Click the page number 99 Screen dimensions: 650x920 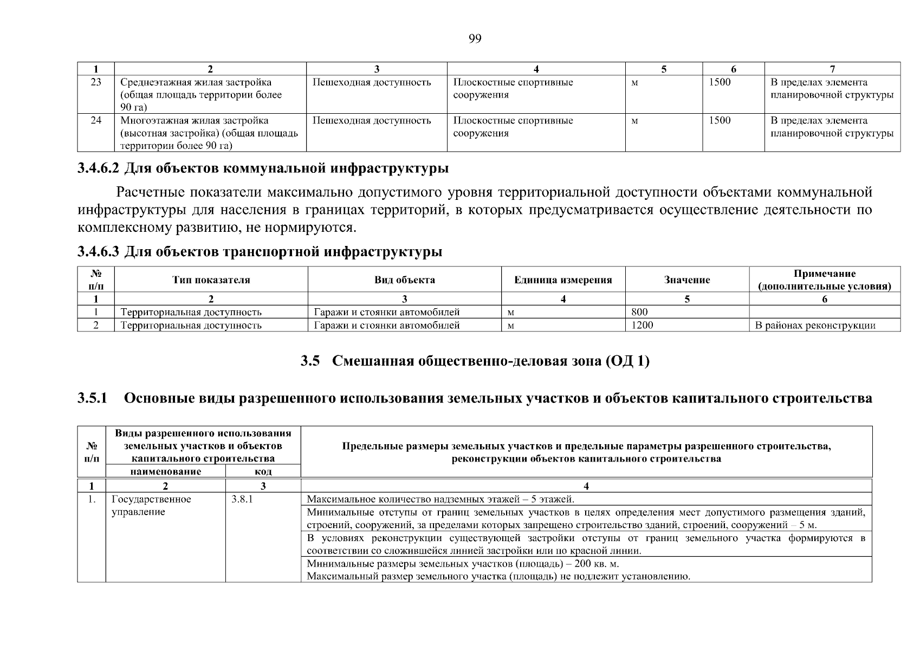[x=475, y=38]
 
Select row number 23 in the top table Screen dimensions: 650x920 [x=96, y=82]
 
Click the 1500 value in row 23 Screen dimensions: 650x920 [x=720, y=82]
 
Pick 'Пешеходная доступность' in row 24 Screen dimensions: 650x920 [x=372, y=120]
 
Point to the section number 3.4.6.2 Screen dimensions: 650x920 [x=98, y=168]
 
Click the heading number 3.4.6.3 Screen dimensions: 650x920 [x=98, y=252]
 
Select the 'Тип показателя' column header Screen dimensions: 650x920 [x=211, y=280]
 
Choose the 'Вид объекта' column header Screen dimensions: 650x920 [x=404, y=280]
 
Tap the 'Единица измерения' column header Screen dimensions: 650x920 [x=563, y=280]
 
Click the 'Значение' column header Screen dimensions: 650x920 [x=686, y=280]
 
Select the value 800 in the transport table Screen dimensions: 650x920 [x=640, y=312]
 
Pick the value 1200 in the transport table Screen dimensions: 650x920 [x=643, y=325]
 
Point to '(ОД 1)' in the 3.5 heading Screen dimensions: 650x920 [x=627, y=361]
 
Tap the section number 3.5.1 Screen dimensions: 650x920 [x=93, y=399]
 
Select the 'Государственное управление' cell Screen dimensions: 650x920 [x=151, y=505]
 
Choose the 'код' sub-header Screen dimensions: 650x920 [x=263, y=471]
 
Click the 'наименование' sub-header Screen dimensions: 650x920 [x=165, y=471]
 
